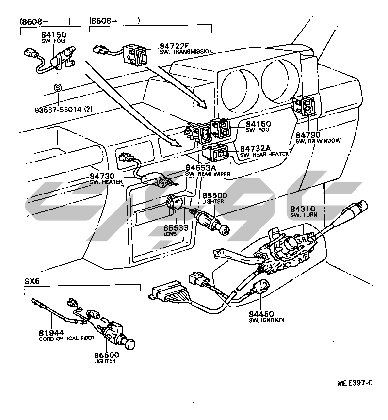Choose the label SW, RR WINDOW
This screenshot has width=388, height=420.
tap(318, 140)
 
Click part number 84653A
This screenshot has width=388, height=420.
tap(200, 168)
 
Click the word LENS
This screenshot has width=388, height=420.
tap(170, 234)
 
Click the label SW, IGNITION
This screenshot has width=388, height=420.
tap(266, 320)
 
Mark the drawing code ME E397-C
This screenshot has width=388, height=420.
tap(355, 383)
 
